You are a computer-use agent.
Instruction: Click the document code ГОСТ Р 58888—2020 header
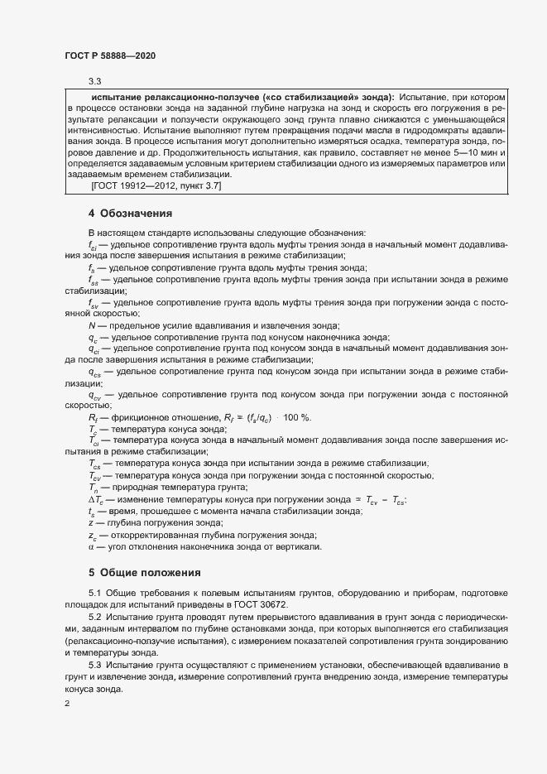pyautogui.click(x=110, y=55)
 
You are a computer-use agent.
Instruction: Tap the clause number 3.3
pyautogui.click(x=95, y=81)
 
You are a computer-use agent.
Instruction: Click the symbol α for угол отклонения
pyautogui.click(x=90, y=547)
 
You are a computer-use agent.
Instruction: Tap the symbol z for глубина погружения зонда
pyautogui.click(x=90, y=523)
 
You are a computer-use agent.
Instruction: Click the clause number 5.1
pyautogui.click(x=94, y=595)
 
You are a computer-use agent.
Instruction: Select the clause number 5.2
pyautogui.click(x=94, y=618)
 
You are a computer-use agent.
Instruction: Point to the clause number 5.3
pyautogui.click(x=94, y=666)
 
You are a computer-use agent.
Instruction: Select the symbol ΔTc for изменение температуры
pyautogui.click(x=95, y=500)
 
